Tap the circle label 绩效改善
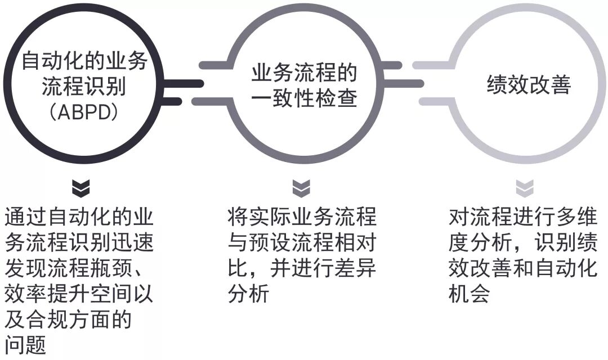coord(529,85)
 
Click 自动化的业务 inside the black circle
coord(83,61)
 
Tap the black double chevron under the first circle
coord(82,188)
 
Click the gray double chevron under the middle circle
coord(302,188)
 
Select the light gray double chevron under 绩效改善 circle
coord(525,188)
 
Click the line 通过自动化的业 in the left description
coord(79,217)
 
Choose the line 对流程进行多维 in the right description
coord(524,217)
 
